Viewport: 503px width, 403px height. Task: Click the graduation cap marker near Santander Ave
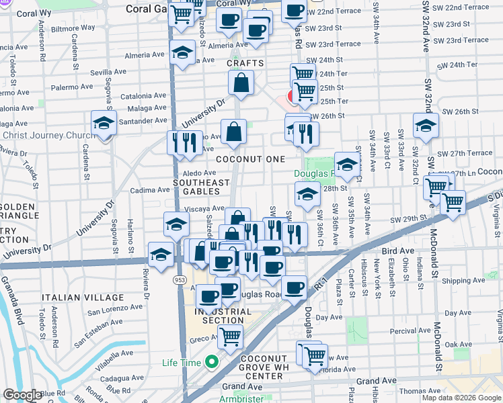coord(104,124)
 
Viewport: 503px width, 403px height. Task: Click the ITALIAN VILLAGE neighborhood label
coord(83,298)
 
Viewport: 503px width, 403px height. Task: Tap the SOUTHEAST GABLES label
coord(202,187)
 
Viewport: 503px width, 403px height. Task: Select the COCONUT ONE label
coord(250,159)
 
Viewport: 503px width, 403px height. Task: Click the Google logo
coord(22,395)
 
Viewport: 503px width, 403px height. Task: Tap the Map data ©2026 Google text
coord(461,398)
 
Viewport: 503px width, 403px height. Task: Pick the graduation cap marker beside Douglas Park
coord(347,165)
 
